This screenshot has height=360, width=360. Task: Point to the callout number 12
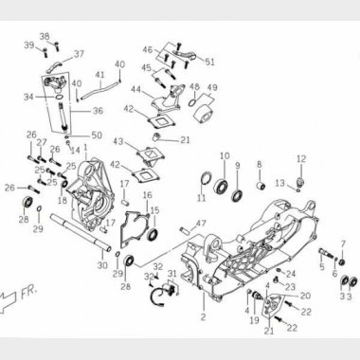(300, 158)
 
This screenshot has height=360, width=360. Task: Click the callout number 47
(200, 224)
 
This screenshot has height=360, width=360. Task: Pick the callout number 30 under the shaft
(101, 267)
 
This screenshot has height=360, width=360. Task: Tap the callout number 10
(225, 155)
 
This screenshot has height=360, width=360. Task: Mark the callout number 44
(136, 90)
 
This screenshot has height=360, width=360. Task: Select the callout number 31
(172, 273)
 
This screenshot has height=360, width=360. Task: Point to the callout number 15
(154, 210)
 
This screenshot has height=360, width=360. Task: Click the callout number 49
(212, 88)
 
